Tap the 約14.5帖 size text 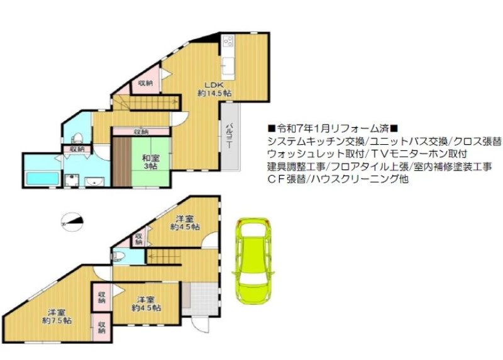coord(214,93)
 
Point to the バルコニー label coord(229,135)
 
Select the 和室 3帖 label coord(151,162)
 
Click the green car coord(253,261)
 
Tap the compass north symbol coord(72,222)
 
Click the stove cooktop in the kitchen coord(228,41)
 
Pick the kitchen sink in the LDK coord(228,65)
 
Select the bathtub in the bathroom coord(43,179)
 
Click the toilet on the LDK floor coord(77,138)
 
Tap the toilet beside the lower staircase coord(119,256)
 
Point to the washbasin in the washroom coord(94,182)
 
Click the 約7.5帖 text coord(57,320)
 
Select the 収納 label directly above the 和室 coord(141,132)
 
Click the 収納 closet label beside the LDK coord(145,83)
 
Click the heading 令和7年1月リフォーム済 coord(333,129)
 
